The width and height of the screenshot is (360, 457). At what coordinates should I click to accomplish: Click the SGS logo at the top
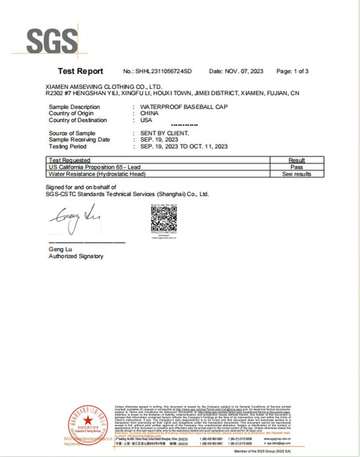click(52, 40)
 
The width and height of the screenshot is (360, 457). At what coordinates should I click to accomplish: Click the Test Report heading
click(80, 71)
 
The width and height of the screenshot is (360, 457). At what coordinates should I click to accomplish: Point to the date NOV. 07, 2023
click(244, 71)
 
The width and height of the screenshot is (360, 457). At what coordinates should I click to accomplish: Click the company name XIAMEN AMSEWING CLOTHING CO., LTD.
click(104, 87)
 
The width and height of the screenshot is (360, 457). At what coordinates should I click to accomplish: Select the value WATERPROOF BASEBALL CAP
click(184, 107)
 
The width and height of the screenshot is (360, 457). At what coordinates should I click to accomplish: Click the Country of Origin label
click(71, 113)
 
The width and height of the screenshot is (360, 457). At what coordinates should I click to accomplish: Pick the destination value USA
click(146, 120)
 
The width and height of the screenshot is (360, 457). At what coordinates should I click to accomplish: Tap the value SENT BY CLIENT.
click(165, 133)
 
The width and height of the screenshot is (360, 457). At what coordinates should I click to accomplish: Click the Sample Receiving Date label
click(79, 140)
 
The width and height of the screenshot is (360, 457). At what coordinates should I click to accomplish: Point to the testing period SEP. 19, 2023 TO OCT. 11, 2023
click(184, 146)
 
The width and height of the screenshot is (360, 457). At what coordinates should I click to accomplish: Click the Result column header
click(297, 160)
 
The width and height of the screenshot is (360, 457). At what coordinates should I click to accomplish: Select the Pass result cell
click(297, 167)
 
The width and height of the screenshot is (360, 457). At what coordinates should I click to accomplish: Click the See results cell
click(297, 174)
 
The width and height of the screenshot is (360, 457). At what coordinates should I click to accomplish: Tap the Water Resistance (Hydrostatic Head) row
click(97, 174)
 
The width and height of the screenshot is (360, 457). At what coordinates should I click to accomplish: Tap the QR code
click(164, 218)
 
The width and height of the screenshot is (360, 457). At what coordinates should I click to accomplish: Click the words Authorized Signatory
click(76, 256)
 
